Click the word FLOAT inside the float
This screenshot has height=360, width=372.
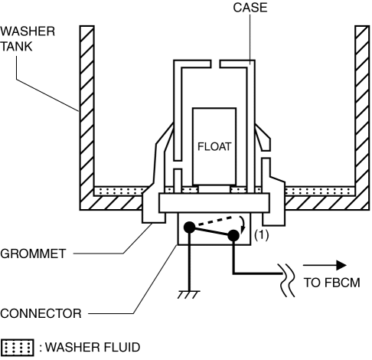point(214,146)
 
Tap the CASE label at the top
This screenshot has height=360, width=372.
point(250,8)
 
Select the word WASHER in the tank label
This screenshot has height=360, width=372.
point(28,31)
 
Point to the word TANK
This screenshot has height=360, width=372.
point(16,47)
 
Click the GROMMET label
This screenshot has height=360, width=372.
point(33,254)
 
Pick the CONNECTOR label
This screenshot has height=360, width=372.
point(41,313)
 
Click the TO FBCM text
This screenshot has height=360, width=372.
point(331,283)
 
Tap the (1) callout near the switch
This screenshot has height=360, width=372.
point(262,235)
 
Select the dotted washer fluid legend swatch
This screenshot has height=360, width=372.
point(17,347)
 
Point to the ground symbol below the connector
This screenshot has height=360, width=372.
point(189,294)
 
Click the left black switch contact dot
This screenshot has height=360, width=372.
point(189,227)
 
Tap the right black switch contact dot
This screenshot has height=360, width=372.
point(233,235)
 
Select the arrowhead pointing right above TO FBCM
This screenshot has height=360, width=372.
point(341,265)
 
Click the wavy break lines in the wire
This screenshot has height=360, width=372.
point(288,280)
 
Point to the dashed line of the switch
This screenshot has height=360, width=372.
point(216,221)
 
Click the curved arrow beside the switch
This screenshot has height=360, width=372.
point(243,224)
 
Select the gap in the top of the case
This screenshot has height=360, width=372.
point(216,64)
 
